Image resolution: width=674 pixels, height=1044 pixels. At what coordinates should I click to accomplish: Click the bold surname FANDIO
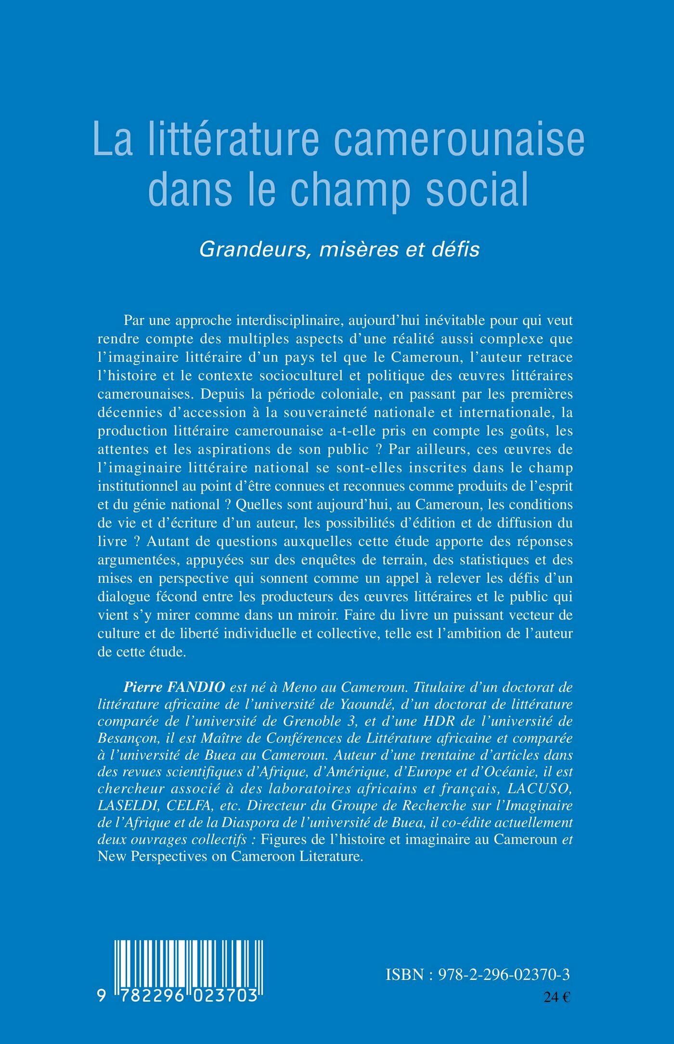(x=196, y=687)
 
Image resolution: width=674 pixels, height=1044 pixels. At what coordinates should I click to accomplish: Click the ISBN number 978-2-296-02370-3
(x=504, y=974)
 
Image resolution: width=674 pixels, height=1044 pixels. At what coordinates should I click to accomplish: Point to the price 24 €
(x=557, y=997)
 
